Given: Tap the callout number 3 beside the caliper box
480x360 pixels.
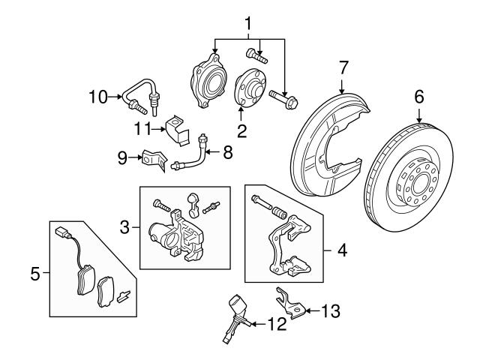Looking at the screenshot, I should click(x=127, y=226).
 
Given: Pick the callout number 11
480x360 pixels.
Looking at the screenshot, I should click(x=142, y=128).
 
